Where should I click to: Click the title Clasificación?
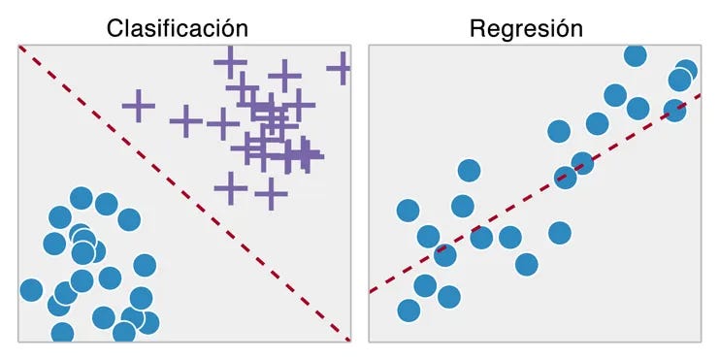click(177, 28)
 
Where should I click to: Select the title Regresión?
click(526, 28)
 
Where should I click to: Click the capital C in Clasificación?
click(115, 28)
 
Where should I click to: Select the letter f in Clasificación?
click(169, 28)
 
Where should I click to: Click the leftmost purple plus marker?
click(139, 104)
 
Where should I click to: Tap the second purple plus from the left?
click(184, 121)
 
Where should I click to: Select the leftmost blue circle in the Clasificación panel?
click(31, 289)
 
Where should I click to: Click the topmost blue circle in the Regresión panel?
click(635, 55)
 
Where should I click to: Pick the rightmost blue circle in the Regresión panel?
click(686, 71)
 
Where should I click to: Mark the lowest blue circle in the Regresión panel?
click(409, 311)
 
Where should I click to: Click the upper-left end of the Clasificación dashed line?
click(21, 48)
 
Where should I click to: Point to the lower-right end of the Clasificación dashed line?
click(347, 339)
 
